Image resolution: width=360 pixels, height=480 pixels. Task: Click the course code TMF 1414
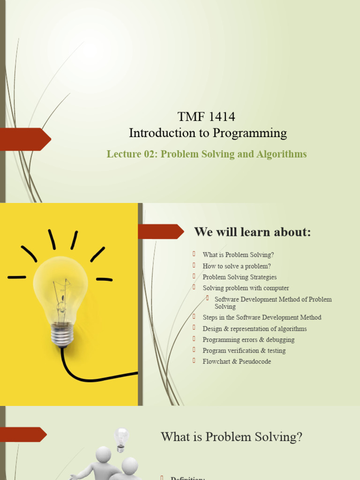tap(206, 116)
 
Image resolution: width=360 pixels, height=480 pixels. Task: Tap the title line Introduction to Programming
tap(208, 133)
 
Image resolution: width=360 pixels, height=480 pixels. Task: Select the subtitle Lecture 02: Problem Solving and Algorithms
tap(207, 154)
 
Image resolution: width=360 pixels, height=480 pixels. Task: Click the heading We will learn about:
tap(252, 232)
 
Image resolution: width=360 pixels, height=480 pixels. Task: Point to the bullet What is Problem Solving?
tap(238, 255)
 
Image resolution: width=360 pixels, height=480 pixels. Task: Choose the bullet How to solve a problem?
tap(237, 266)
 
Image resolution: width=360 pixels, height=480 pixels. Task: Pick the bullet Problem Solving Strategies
tap(240, 277)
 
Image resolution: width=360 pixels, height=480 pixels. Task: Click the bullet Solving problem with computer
tap(246, 288)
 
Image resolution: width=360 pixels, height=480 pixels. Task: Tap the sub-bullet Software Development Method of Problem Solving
tap(273, 303)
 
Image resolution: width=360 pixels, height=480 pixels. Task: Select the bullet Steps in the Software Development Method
tap(262, 317)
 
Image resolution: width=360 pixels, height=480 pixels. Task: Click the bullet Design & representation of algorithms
tap(255, 329)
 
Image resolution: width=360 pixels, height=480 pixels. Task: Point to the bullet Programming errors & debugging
tap(248, 339)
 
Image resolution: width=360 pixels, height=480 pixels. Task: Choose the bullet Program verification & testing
tap(244, 351)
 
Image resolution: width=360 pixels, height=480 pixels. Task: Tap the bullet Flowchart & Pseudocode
tap(237, 361)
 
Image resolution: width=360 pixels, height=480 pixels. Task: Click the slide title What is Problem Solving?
tap(232, 437)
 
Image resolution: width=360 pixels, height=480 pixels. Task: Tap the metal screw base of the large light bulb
tap(62, 335)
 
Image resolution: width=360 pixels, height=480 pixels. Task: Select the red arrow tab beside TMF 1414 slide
tap(26, 139)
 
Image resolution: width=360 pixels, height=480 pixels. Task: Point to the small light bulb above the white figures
tap(121, 438)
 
